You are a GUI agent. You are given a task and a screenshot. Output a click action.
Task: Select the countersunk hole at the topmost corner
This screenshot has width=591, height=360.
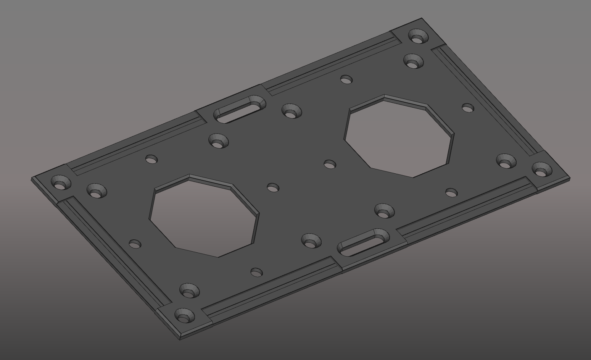pyautogui.click(x=418, y=37)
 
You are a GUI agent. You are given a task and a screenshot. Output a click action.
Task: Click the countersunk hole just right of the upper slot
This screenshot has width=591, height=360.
pyautogui.click(x=291, y=112)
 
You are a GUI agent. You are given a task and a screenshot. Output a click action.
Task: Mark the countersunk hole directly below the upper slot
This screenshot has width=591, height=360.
pyautogui.click(x=218, y=142)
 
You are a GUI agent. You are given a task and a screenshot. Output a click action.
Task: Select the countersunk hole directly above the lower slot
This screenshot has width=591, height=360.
pyautogui.click(x=384, y=211)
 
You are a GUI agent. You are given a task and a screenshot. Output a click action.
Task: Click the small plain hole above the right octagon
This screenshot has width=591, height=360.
pyautogui.click(x=346, y=80)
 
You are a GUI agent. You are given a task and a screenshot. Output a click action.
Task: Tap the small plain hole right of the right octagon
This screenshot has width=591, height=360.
pyautogui.click(x=468, y=108)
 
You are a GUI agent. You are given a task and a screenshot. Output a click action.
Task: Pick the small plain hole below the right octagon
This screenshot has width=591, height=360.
pyautogui.click(x=451, y=193)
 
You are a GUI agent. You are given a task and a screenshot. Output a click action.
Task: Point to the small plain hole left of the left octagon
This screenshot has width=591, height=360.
pyautogui.click(x=135, y=244)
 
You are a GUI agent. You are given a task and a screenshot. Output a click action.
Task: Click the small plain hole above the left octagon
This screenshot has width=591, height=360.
pyautogui.click(x=151, y=159)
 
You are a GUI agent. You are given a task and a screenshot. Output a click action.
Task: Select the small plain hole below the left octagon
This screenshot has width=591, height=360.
pyautogui.click(x=256, y=272)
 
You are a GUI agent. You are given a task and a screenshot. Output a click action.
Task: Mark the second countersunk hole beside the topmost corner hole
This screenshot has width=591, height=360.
pyautogui.click(x=413, y=61)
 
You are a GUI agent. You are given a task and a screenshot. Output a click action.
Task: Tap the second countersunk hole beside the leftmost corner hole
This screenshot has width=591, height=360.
pyautogui.click(x=97, y=191)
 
